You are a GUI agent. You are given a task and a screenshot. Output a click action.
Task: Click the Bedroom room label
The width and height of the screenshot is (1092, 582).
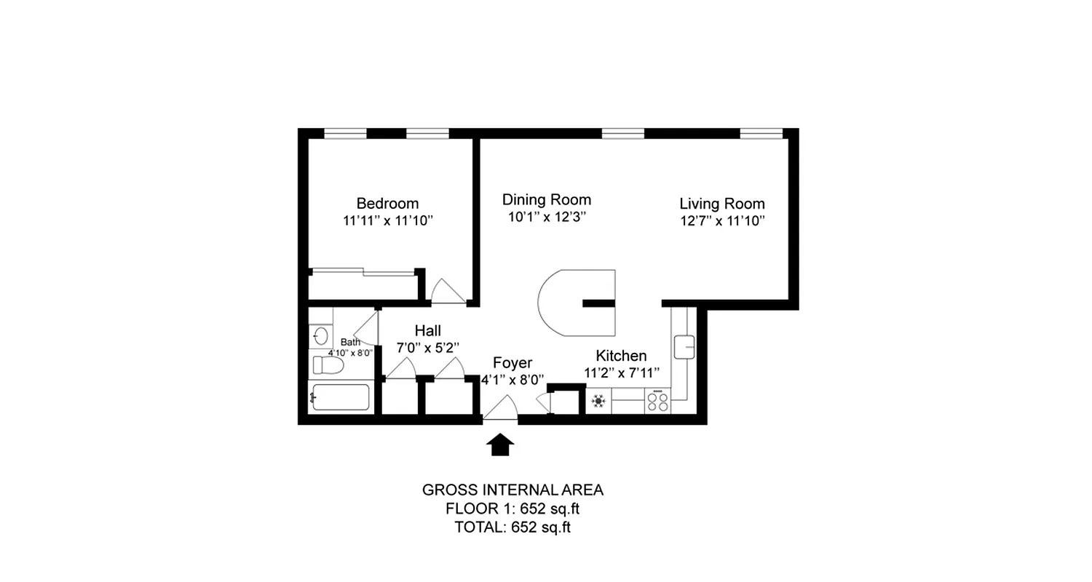[x=387, y=203]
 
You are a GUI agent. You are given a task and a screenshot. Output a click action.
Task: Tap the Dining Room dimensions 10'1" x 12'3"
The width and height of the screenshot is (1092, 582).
[x=547, y=217]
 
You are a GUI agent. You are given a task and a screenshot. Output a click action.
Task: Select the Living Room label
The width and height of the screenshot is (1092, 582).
[x=721, y=204]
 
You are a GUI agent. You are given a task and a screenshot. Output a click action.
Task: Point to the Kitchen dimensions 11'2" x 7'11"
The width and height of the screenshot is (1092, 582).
[x=621, y=372]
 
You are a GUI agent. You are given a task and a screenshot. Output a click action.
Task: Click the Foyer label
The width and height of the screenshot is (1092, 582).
[x=513, y=363]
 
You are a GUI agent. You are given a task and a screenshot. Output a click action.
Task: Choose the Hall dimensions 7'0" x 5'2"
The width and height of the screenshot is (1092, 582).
[x=427, y=348]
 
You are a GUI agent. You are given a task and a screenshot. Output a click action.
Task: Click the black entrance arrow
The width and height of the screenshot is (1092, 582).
[x=499, y=445]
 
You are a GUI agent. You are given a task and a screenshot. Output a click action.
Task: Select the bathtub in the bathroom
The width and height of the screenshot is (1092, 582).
[x=341, y=397]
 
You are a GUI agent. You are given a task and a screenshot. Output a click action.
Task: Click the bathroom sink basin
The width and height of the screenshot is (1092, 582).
[x=320, y=336]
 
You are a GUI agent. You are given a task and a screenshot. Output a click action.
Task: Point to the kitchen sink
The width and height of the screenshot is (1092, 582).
[x=684, y=346]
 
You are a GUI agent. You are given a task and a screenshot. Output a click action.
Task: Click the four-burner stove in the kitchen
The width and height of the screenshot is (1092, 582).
[x=658, y=401]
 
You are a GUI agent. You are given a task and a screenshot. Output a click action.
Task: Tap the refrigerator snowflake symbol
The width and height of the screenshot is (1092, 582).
[x=598, y=401]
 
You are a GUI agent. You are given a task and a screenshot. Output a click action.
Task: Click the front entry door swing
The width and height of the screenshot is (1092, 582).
[x=501, y=409]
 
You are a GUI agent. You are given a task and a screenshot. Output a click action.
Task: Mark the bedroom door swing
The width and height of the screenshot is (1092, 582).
[x=446, y=291]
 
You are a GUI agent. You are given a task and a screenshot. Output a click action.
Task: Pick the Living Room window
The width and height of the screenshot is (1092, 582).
[x=761, y=133]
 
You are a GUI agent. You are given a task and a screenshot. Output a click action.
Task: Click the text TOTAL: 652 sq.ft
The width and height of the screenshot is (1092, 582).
[x=512, y=527]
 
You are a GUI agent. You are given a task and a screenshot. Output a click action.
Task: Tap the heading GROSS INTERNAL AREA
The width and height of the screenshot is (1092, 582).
[x=513, y=490]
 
